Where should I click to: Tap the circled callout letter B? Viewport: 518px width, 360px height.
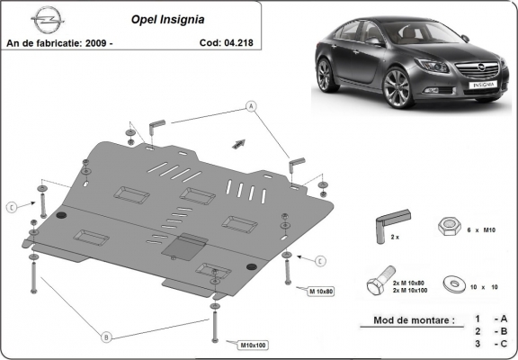(106, 337)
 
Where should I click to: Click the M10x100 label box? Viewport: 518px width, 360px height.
(255, 345)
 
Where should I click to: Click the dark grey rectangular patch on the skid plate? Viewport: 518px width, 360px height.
(185, 246)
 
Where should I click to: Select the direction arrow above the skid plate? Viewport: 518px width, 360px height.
(239, 142)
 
